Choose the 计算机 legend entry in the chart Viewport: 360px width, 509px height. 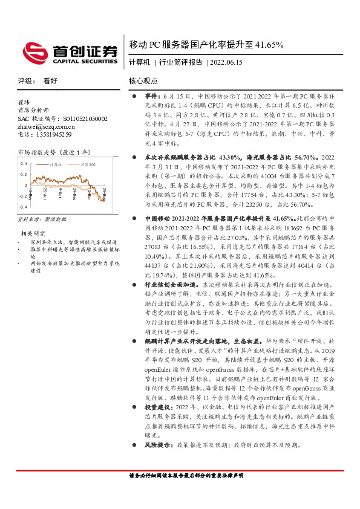point(56,164)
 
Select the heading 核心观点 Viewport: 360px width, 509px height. point(143,80)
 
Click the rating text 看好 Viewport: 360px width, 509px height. point(50,80)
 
